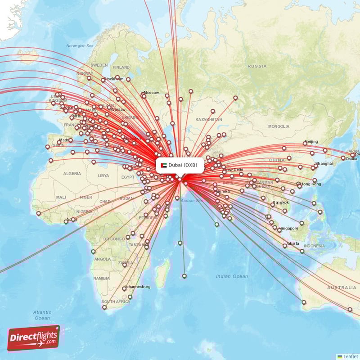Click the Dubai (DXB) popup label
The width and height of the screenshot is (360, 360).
[183, 165]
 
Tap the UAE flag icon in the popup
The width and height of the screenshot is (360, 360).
[164, 165]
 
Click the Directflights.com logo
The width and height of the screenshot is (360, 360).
[33, 337]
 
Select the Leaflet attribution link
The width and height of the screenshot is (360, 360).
[350, 356]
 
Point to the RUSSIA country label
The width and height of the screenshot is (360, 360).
[257, 66]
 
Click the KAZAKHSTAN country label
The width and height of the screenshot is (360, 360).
[208, 120]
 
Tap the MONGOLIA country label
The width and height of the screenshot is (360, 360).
[279, 126]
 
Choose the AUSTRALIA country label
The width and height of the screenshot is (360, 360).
[342, 288]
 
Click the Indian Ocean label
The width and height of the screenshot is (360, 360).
[232, 276]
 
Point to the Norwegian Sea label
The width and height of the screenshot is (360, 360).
[80, 46]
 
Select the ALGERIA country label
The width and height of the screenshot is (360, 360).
[72, 173]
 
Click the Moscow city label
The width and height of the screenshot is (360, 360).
[151, 93]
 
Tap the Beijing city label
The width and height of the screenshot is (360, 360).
[311, 142]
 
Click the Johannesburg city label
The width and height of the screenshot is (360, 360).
[138, 287]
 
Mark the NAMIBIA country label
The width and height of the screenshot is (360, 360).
[101, 278]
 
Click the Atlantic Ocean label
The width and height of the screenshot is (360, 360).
[41, 315]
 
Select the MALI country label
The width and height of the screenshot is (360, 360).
[61, 197]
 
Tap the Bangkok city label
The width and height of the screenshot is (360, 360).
[279, 202]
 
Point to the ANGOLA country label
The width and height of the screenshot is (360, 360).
[103, 259]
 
